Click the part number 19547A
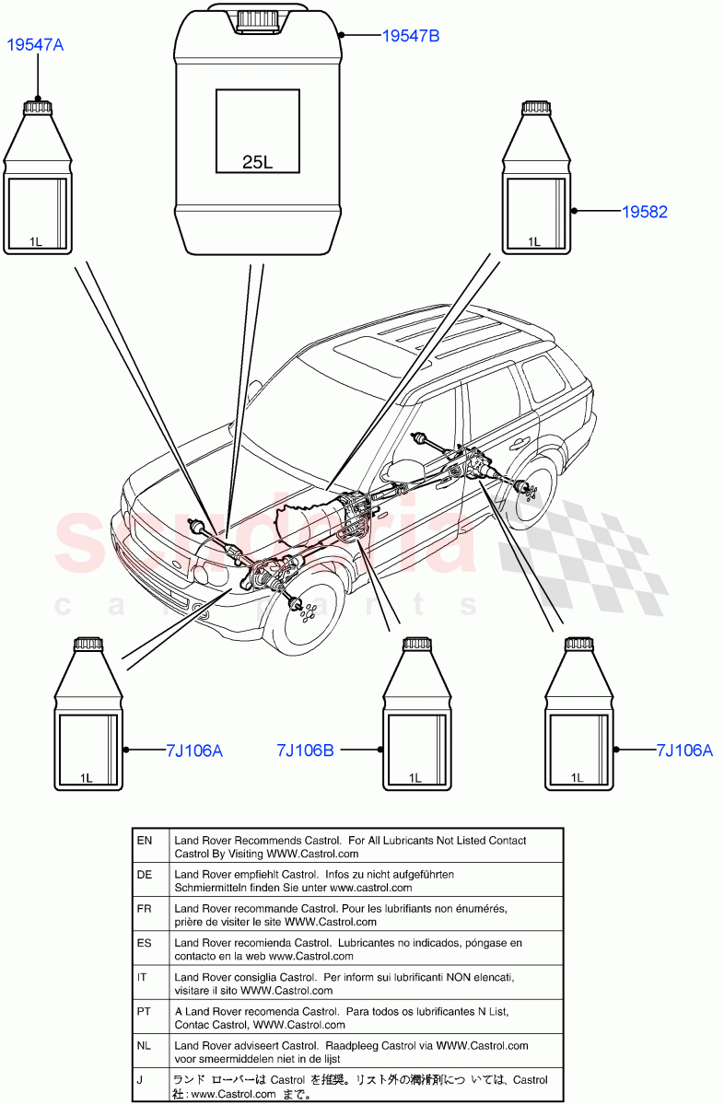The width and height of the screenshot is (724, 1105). (x=36, y=44)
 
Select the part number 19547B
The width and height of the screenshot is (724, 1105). (x=411, y=36)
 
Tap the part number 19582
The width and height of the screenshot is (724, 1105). (x=644, y=212)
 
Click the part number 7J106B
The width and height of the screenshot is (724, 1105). (x=305, y=750)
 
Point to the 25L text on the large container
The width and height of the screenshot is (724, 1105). (x=257, y=162)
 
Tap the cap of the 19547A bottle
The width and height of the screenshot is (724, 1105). (x=38, y=109)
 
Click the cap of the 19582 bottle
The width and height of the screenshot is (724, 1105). (x=535, y=108)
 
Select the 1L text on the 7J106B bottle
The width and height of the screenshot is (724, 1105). (x=414, y=777)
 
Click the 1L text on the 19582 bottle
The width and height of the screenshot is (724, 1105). (x=533, y=241)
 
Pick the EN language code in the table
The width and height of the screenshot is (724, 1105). (x=145, y=841)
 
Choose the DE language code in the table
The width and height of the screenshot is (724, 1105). (x=145, y=875)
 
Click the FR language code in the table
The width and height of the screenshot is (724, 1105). (x=145, y=909)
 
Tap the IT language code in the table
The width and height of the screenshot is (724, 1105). (x=145, y=977)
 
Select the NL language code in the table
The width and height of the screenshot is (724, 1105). (x=145, y=1046)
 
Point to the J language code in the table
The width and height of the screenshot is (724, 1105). (x=140, y=1080)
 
